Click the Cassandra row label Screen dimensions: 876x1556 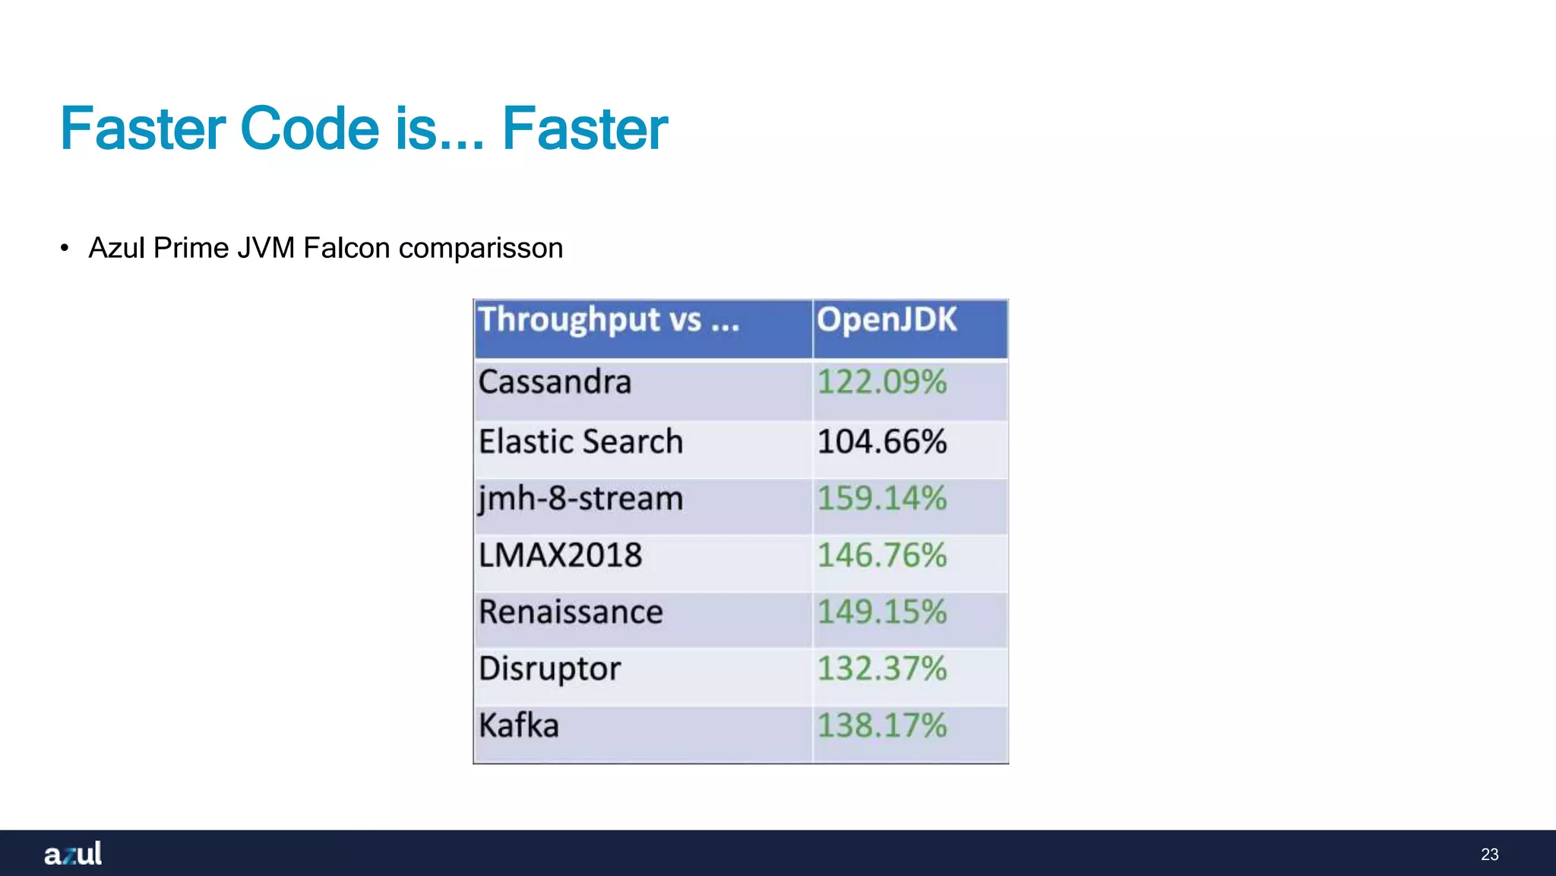[555, 382]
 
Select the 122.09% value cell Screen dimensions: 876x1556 [881, 382]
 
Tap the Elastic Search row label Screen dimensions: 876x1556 [580, 442]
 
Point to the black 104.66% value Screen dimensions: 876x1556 [881, 442]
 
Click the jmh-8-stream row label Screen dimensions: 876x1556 [580, 500]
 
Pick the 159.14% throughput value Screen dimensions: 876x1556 [881, 500]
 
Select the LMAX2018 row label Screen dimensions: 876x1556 [560, 556]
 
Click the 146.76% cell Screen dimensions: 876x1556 [881, 556]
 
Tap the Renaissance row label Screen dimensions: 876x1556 [571, 612]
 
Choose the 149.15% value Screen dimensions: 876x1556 [881, 612]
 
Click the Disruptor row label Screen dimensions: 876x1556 [549, 669]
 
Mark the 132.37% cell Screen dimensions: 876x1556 [881, 669]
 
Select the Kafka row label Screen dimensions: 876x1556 [519, 725]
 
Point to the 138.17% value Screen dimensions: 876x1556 [881, 725]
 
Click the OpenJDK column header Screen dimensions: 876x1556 [887, 320]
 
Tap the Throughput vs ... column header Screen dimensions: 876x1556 [609, 320]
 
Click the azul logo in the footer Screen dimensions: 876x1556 [73, 854]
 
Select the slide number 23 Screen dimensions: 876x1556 [1489, 855]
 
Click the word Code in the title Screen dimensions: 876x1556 [309, 129]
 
